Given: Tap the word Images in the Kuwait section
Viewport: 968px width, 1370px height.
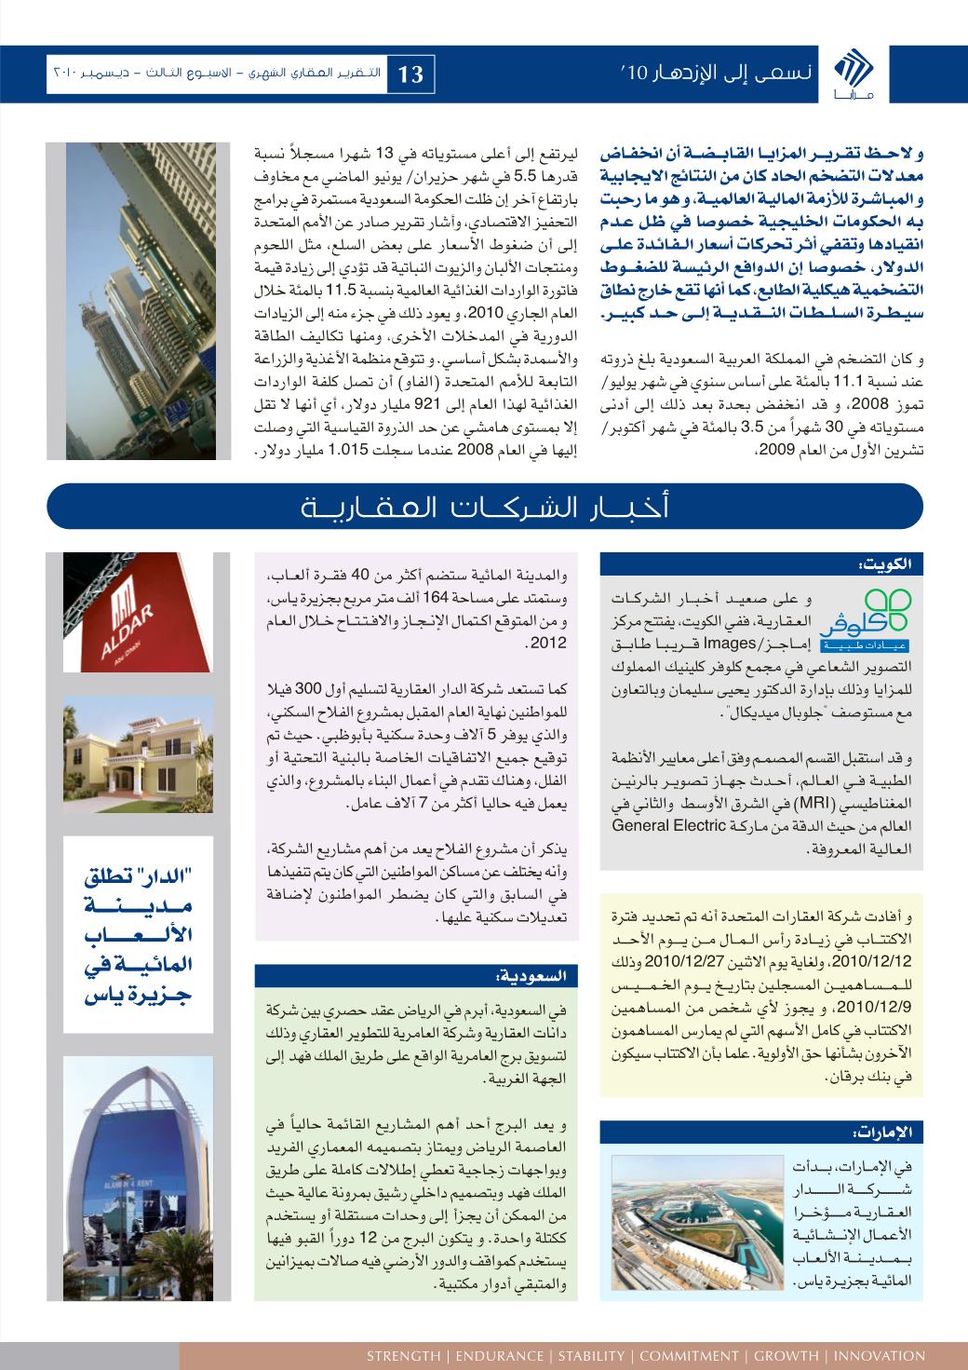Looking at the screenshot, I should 731,642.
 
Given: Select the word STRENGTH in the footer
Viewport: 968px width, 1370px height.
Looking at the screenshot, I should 402,1355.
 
